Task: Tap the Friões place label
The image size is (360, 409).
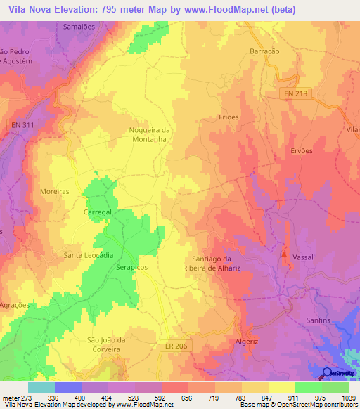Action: click(229, 117)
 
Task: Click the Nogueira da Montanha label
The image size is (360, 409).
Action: click(150, 135)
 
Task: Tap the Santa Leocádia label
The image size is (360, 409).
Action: click(89, 255)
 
